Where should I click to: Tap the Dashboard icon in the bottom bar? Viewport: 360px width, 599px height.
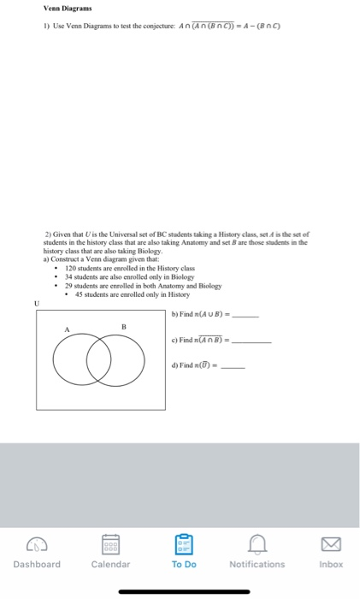point(37,545)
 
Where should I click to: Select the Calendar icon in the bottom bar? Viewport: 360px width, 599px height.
point(110,545)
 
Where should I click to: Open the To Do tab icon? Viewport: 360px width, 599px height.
point(183,545)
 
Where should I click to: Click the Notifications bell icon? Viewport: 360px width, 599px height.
point(257,545)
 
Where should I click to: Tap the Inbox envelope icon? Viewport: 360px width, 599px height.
point(330,545)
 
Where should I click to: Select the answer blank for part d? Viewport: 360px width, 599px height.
point(233,368)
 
